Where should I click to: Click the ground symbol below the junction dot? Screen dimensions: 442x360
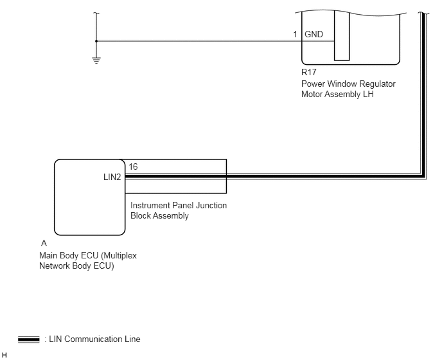point(96,60)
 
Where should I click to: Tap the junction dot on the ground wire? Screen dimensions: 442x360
point(96,41)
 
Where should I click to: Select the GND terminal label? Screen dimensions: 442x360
point(314,35)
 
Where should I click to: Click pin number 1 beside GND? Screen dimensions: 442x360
point(295,35)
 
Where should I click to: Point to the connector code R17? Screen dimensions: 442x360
point(308,72)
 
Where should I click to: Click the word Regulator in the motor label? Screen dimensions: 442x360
point(378,84)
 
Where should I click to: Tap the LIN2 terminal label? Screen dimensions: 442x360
point(112,177)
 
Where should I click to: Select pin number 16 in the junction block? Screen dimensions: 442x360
point(133,166)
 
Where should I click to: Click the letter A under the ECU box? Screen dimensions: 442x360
point(44,243)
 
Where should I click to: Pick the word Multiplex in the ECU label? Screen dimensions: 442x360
point(119,256)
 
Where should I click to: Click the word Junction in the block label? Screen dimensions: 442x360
point(211,205)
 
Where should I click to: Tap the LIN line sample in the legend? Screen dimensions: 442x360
point(29,339)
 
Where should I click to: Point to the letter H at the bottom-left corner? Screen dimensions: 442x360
point(4,355)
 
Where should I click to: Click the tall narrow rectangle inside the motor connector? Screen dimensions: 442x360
point(342,35)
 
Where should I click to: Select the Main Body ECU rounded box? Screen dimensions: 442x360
point(90,197)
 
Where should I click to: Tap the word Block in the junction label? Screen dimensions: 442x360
point(139,216)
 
